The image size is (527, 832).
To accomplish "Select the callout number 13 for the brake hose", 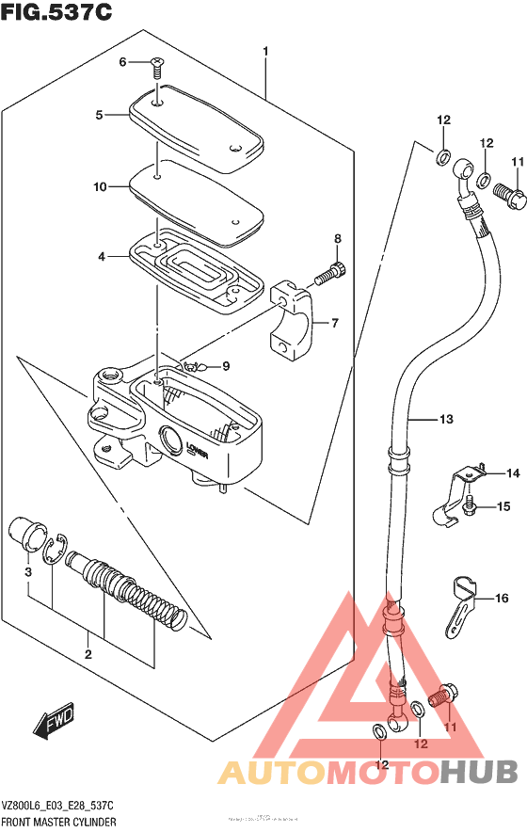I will pyautogui.click(x=445, y=419).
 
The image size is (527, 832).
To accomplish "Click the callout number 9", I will pyautogui.click(x=226, y=366).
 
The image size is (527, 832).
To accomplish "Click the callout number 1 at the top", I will pyautogui.click(x=266, y=51).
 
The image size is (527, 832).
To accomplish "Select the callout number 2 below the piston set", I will pyautogui.click(x=88, y=654).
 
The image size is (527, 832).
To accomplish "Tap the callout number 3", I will pyautogui.click(x=28, y=571).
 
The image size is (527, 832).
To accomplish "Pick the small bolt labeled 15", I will pyautogui.click(x=471, y=508).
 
